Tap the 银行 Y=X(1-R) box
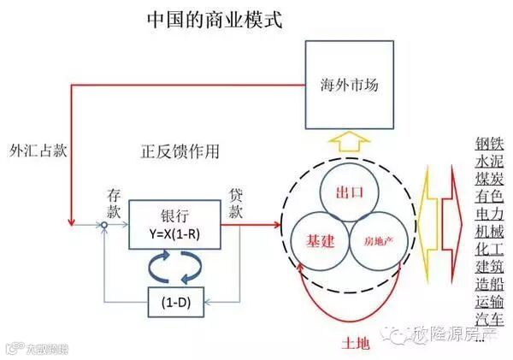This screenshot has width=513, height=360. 174,225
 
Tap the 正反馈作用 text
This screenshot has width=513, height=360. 180,151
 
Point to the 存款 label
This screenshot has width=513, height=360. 117,203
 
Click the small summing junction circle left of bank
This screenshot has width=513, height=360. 103,225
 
